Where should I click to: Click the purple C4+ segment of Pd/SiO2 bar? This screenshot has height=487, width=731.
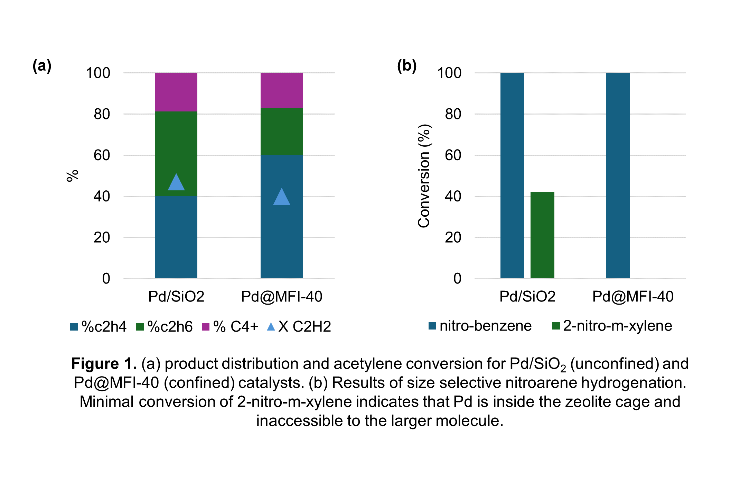point(176,92)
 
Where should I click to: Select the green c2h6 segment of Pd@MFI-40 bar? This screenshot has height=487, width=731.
point(281,131)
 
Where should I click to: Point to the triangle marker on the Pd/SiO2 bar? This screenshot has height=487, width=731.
point(176,183)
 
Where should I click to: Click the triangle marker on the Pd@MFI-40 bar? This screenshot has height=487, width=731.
point(281,198)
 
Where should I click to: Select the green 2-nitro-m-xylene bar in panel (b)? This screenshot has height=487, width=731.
point(542,235)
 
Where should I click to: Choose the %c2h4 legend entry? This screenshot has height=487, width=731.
point(99,326)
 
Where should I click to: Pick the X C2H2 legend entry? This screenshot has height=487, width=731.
point(299,326)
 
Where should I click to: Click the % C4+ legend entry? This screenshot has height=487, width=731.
point(230,326)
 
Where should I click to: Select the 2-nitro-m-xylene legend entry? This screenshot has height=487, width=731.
point(612,326)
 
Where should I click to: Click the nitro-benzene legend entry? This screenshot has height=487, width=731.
point(480,326)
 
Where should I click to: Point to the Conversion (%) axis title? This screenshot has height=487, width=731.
point(424,176)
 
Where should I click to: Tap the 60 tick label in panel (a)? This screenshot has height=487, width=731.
point(102,155)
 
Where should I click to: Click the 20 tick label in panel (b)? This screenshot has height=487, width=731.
point(453,237)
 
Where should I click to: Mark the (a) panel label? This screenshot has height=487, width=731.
point(42,65)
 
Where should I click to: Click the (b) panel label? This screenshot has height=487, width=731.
point(406,65)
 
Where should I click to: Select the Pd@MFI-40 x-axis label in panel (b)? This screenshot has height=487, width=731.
point(632,297)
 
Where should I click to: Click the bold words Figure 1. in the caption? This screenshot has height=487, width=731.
point(104,364)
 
